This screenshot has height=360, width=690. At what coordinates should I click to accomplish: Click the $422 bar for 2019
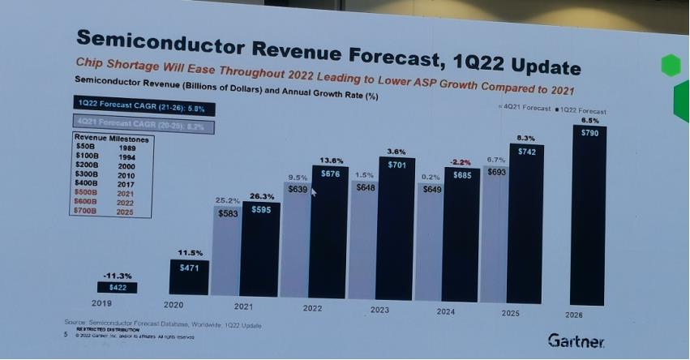[118, 287]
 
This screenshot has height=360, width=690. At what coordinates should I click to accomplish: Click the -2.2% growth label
[461, 162]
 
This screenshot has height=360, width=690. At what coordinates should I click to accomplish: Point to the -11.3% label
[118, 276]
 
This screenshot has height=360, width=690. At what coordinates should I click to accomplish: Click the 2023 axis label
[379, 309]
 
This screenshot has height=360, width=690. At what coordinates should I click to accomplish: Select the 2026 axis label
[572, 314]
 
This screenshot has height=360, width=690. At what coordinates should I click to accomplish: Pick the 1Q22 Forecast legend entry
[581, 110]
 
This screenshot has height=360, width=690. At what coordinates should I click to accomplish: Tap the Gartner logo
[575, 340]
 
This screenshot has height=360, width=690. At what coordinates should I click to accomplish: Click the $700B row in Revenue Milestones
[101, 211]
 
